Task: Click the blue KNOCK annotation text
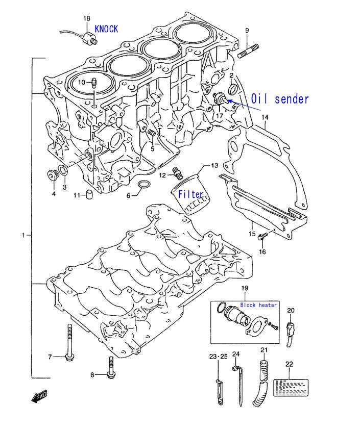point(106,29)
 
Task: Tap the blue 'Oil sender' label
point(280,99)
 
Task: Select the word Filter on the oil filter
point(190,194)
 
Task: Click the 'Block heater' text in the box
point(258,305)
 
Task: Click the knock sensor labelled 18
point(89,38)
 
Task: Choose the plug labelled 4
point(52,175)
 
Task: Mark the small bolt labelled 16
point(262,236)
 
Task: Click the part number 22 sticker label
point(291,388)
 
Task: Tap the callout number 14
point(265,117)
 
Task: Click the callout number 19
point(245,288)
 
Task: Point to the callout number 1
point(23,235)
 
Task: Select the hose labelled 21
point(261,382)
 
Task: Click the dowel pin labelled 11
point(89,194)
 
